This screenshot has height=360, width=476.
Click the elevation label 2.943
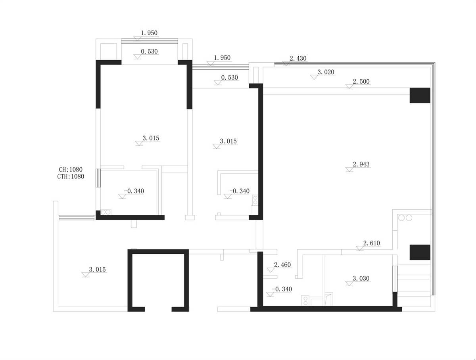pos(361,164)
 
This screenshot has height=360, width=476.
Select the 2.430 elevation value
pos(298,58)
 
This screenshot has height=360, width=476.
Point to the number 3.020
pos(326,72)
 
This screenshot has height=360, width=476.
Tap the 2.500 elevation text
pos(361,82)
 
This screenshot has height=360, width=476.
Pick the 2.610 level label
pos(371,243)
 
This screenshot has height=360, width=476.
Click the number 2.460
pos(282,264)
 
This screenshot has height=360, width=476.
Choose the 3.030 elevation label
pos(361,278)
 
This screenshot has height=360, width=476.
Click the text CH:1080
pos(71,169)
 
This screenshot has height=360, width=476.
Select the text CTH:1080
pos(71,176)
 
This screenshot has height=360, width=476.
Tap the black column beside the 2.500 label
pos(420,96)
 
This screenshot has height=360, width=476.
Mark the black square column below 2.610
pos(420,252)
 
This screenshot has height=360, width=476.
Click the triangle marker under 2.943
pos(349,169)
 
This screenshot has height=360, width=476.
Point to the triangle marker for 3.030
pos(349,283)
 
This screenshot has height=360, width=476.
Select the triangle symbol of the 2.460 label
pos(271,270)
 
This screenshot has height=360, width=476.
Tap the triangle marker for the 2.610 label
pos(360,248)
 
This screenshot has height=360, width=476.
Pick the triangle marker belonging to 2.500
pos(349,87)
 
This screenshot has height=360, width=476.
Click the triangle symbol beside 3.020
pos(314,77)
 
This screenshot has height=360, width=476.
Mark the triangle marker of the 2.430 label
pos(286,63)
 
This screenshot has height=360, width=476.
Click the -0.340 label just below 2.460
pos(282,289)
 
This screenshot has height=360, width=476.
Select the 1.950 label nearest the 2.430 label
pos(222,57)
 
